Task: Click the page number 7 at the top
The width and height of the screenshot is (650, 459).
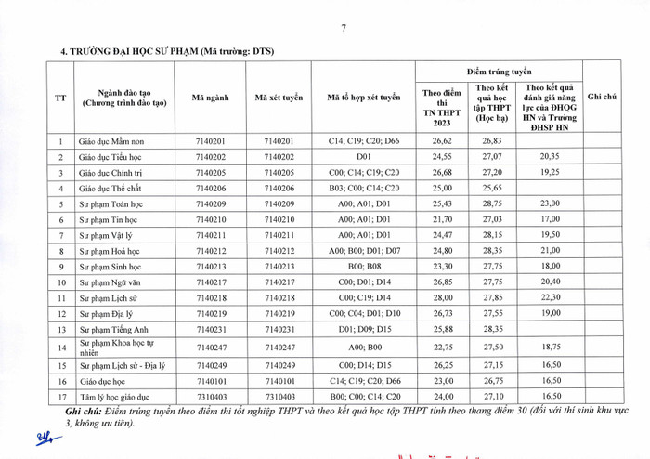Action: (343, 28)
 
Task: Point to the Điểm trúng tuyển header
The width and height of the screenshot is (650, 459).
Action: (501, 71)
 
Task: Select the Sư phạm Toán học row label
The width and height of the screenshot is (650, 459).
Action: (114, 203)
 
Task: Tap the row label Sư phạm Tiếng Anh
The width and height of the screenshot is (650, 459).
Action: (113, 329)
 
